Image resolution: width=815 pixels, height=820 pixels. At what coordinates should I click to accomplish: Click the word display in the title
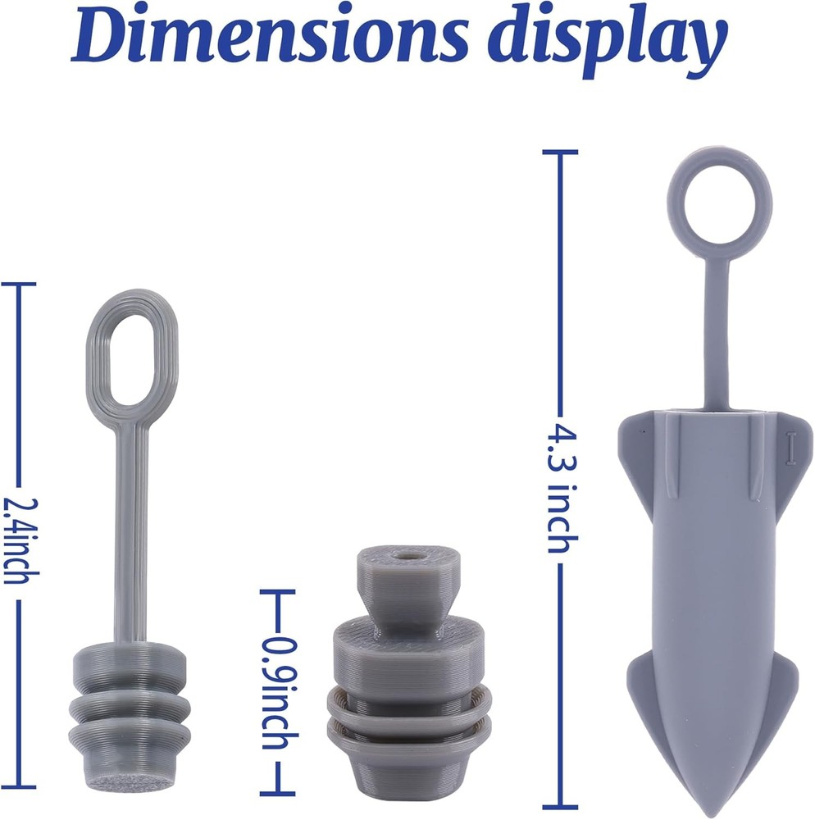coord(608,42)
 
